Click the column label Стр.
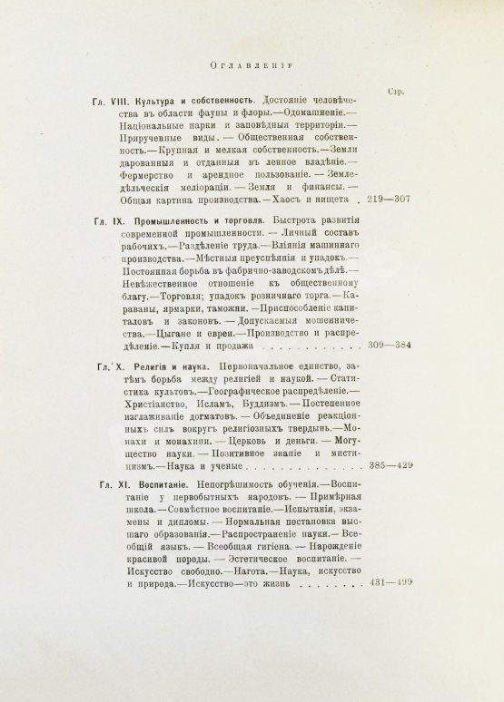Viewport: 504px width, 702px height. point(394,92)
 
